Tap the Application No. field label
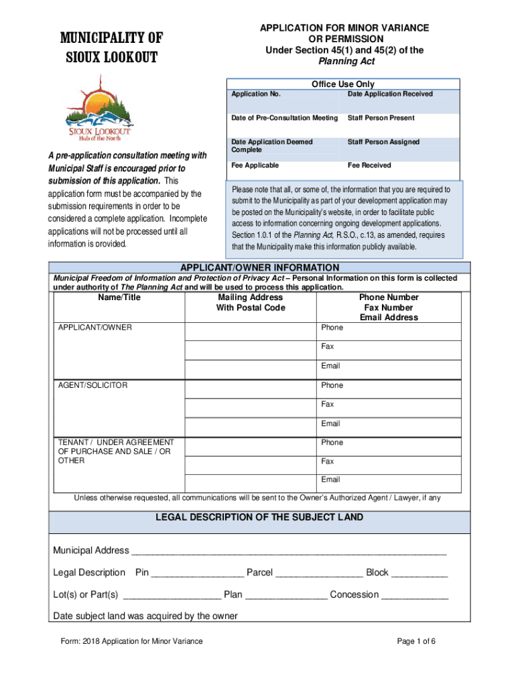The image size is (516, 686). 256,94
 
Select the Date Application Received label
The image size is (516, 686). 390,94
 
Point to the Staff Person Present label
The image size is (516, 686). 381,118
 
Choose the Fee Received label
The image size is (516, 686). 369,165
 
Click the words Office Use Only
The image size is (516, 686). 343,84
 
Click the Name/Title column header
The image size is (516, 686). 119,297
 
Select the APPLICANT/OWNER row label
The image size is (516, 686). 95,328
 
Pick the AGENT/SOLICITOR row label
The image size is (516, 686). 92,385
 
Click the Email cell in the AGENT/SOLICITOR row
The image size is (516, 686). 389,423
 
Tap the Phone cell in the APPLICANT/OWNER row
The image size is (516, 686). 389,328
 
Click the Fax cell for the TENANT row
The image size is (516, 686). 389,462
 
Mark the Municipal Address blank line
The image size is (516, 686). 289,551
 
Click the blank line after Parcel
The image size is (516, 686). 319,573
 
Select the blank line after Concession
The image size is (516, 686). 415,596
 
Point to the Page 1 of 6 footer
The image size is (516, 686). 416,641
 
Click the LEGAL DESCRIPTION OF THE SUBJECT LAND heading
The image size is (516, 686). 259,517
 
